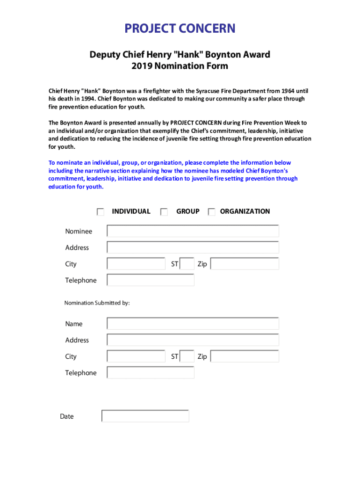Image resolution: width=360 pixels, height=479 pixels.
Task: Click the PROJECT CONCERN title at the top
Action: (180, 29)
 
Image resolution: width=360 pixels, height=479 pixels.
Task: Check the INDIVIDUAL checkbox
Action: (101, 212)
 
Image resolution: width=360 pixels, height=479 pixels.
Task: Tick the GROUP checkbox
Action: (164, 212)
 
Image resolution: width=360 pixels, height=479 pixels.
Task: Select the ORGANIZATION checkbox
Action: (212, 212)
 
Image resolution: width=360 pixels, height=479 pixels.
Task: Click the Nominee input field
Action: (193, 231)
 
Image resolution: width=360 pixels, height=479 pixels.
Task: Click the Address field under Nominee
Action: (193, 247)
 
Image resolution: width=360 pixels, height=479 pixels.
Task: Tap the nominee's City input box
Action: (136, 264)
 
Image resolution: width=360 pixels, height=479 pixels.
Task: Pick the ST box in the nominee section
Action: (187, 264)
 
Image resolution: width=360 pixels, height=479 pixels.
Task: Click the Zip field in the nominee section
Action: (245, 264)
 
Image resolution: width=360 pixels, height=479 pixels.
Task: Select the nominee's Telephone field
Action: (151, 280)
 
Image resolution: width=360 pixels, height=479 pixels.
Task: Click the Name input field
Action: (193, 324)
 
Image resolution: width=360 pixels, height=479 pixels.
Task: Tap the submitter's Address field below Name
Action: (193, 340)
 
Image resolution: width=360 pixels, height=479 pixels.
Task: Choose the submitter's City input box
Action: (136, 356)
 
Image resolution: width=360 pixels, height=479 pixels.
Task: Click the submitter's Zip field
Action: (245, 356)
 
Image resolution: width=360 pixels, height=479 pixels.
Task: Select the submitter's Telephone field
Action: (151, 373)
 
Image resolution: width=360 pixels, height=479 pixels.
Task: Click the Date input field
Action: (145, 416)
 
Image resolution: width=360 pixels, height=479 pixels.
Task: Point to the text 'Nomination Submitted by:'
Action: (97, 303)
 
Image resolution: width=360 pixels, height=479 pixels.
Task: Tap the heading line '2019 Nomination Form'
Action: (180, 66)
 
